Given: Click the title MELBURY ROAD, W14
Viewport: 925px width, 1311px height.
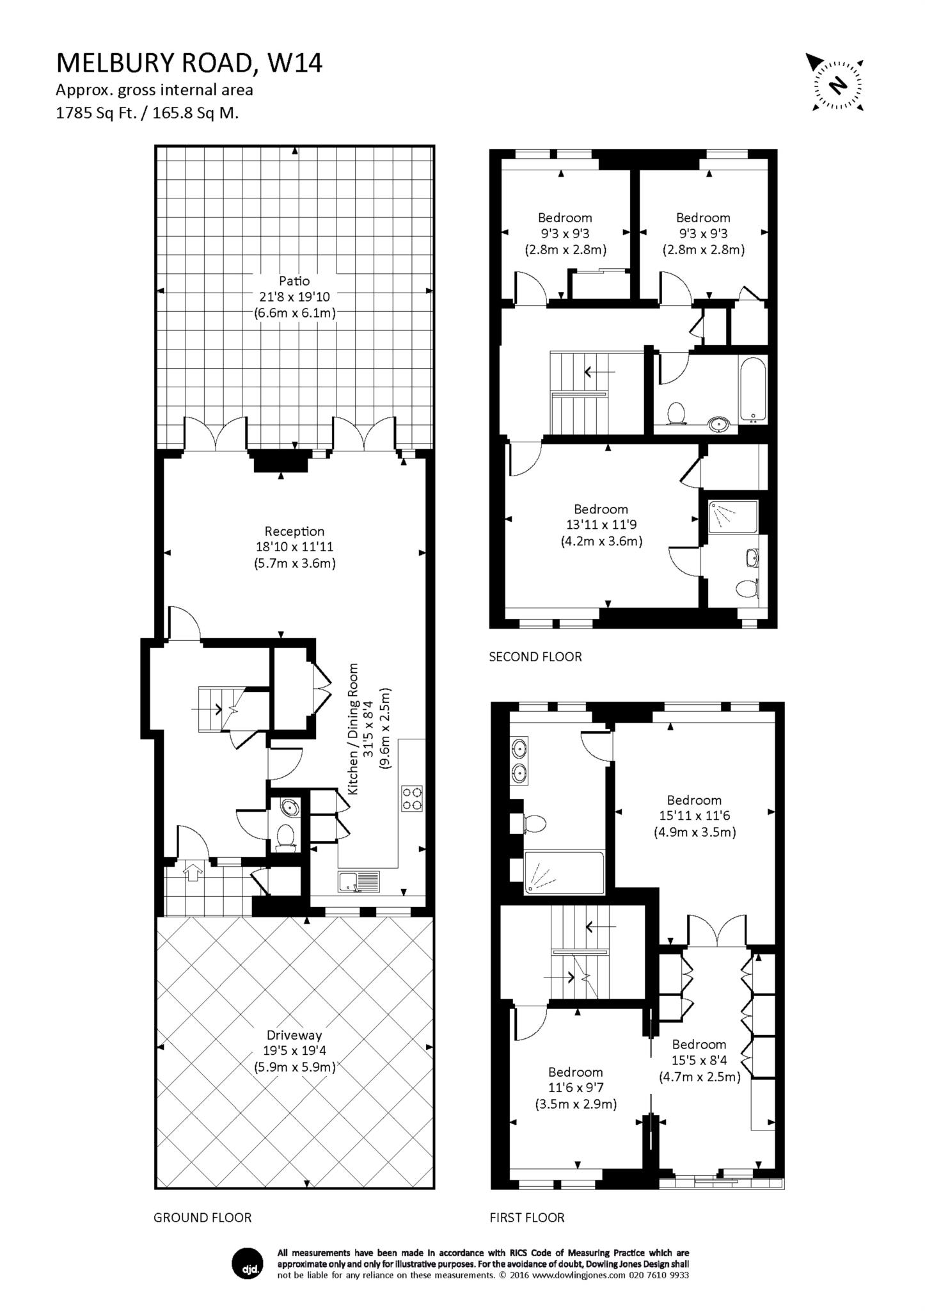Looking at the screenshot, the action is (189, 63).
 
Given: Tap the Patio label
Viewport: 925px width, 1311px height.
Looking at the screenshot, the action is (294, 281).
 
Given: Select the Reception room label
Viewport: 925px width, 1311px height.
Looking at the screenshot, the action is (294, 531).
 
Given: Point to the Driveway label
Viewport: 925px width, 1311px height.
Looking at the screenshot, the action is (294, 1035).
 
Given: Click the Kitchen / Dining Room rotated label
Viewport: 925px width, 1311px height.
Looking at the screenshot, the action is (352, 729).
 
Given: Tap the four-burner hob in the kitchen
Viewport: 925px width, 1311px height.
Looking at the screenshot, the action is (413, 798).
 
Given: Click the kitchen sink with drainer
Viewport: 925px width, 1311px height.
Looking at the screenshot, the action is (359, 881).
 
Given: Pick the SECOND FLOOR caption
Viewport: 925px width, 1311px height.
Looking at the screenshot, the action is (535, 657).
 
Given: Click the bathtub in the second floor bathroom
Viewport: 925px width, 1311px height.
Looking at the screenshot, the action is (753, 390).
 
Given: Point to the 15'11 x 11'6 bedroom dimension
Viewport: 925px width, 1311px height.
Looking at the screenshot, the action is (694, 816).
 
